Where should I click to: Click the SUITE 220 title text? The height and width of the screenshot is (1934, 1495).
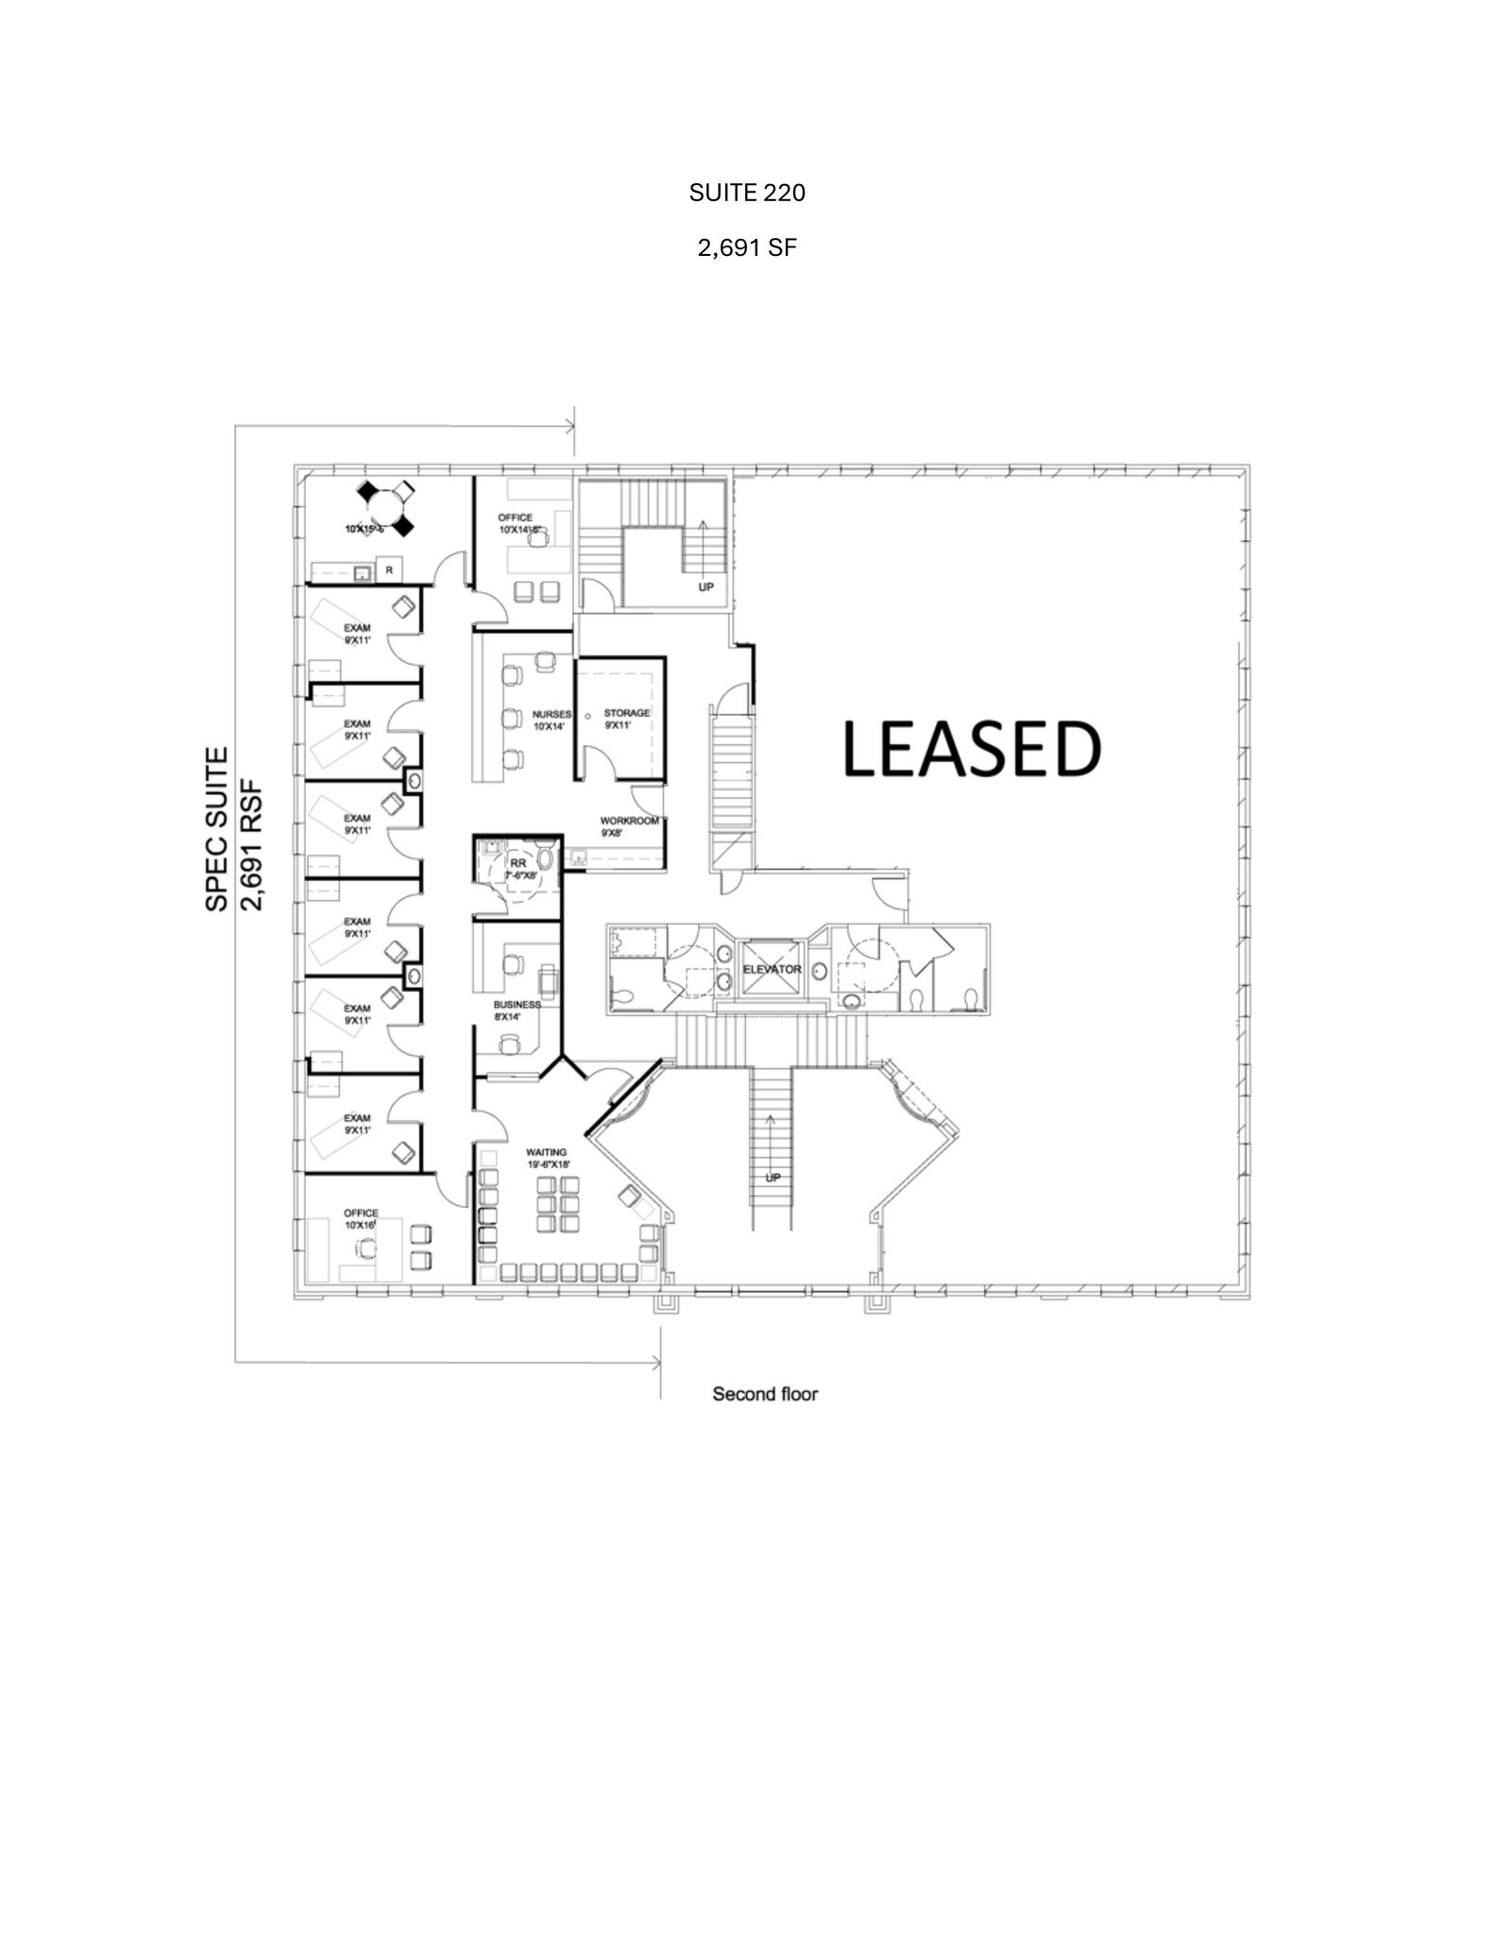tap(746, 194)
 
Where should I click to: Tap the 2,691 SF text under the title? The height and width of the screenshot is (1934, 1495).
tap(746, 248)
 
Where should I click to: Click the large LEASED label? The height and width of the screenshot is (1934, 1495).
tap(971, 750)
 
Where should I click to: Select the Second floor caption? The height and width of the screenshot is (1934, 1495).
tap(764, 1394)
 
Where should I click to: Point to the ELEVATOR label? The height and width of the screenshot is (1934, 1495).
tap(772, 970)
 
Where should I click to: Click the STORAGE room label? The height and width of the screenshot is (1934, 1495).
tap(627, 713)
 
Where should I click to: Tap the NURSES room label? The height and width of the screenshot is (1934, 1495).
tap(552, 715)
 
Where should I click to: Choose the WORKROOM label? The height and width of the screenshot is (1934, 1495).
tap(629, 821)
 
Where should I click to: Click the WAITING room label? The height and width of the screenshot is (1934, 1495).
tap(546, 1152)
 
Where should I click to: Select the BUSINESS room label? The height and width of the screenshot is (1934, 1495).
tap(517, 1005)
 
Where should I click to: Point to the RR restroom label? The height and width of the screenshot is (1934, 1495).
tap(518, 863)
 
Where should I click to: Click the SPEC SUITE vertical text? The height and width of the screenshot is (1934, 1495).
tap(217, 829)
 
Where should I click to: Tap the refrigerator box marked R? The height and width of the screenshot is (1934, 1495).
tap(389, 570)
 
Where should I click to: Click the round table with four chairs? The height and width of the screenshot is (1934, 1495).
tap(385, 508)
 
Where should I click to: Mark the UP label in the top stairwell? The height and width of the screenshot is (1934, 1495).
tap(705, 586)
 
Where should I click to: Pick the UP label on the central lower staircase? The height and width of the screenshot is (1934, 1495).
tap(773, 1178)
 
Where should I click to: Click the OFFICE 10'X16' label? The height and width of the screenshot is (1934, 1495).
tap(361, 1213)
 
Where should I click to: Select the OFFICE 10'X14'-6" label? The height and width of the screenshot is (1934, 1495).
tap(516, 517)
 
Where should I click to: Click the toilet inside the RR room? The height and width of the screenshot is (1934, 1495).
tap(545, 859)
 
